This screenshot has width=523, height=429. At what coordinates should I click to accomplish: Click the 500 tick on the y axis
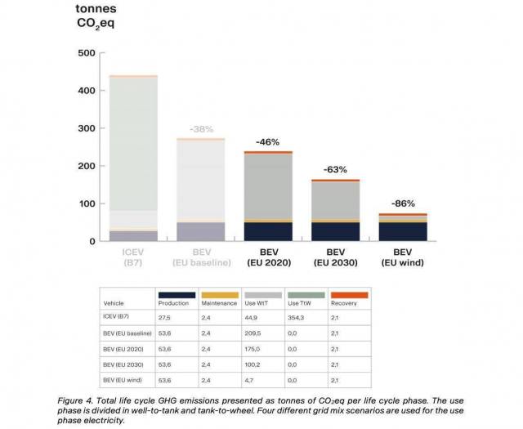tap(86, 53)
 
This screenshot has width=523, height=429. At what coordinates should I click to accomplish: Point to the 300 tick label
tap(86, 129)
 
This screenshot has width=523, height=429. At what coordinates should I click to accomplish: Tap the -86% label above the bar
tap(403, 203)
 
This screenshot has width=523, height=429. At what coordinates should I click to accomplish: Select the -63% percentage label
tap(335, 170)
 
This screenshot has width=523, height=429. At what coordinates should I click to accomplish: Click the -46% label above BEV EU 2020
tap(269, 142)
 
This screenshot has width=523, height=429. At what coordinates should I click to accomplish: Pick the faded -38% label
tap(201, 129)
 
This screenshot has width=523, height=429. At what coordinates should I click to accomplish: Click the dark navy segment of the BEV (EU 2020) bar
tap(269, 231)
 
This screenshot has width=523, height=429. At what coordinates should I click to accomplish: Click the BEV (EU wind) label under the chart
tap(403, 257)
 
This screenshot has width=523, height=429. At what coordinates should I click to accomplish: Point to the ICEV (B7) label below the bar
tap(134, 257)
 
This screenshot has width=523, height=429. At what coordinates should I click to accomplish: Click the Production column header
tap(176, 303)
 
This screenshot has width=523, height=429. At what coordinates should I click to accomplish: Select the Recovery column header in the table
tap(348, 303)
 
